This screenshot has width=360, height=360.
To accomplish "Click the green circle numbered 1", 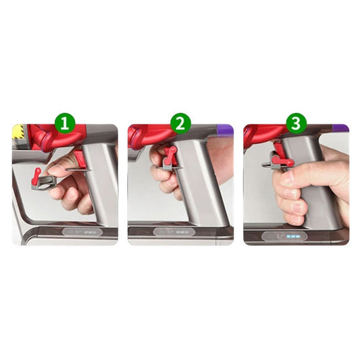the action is (x=65, y=124).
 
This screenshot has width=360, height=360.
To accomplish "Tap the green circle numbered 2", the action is (x=181, y=124).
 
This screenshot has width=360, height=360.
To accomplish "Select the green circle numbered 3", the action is (x=297, y=124).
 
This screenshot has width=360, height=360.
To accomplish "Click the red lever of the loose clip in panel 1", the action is (x=36, y=176).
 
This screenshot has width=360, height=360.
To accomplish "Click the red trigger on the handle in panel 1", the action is (x=80, y=159).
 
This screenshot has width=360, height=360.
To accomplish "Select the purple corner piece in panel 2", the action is (x=225, y=130).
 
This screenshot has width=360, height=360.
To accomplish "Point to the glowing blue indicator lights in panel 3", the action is (x=292, y=236).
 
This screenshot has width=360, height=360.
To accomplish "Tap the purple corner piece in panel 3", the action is (x=340, y=128).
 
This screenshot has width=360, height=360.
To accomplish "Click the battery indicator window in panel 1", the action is (x=82, y=232).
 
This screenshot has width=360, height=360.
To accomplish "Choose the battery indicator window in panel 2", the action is (x=174, y=232).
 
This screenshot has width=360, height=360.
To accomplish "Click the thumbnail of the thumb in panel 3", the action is (x=288, y=176).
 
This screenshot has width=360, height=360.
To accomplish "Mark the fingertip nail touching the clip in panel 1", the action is (x=54, y=170).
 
